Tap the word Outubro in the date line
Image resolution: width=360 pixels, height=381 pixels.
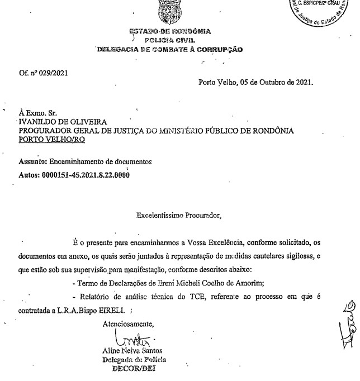click(274, 83)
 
